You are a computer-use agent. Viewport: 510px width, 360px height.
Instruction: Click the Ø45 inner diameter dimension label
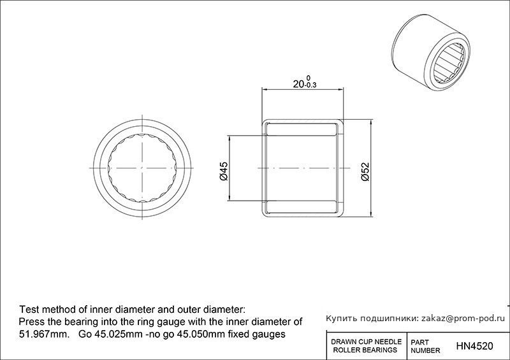(224, 171)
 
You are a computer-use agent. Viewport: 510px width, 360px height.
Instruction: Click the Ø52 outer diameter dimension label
(365, 171)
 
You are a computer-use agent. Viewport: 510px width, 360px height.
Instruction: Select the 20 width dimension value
(298, 84)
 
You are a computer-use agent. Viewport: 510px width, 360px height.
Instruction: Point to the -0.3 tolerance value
(310, 86)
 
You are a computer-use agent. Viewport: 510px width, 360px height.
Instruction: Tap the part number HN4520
(474, 346)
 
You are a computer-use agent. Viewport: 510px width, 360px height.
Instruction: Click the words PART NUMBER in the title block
(425, 347)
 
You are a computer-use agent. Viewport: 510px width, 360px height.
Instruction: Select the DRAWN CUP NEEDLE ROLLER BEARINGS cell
(366, 346)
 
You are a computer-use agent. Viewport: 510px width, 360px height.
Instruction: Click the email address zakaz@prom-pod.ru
(463, 319)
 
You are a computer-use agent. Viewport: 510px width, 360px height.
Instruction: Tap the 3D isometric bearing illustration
(431, 53)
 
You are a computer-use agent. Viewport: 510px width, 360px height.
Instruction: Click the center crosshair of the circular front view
(142, 168)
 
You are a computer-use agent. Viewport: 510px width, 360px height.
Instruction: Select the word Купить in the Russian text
(340, 319)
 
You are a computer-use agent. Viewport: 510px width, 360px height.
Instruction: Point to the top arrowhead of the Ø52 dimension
(371, 122)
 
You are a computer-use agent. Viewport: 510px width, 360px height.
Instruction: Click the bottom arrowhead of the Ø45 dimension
(229, 198)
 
